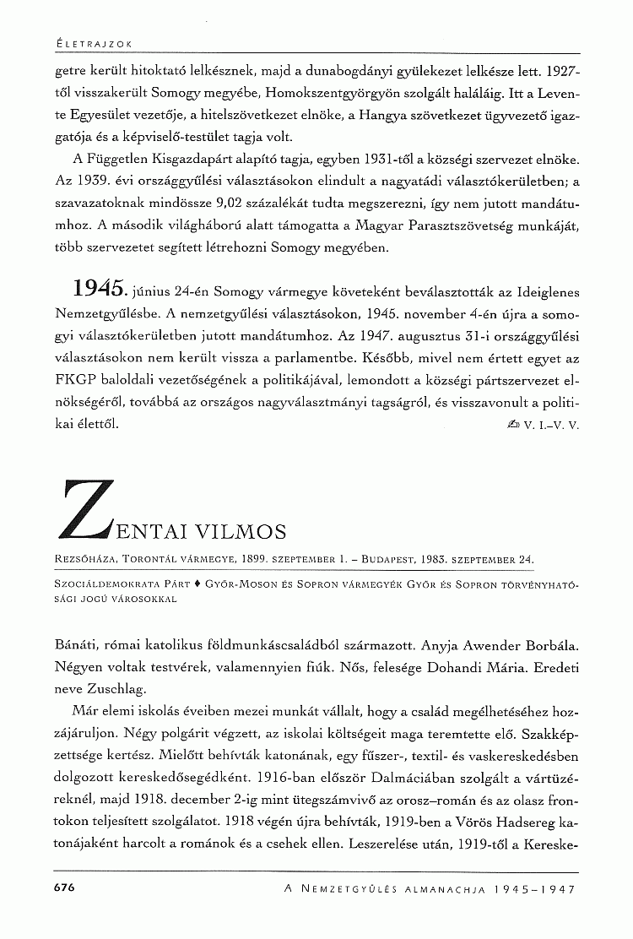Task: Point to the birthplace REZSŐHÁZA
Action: pyautogui.click(x=84, y=559)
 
